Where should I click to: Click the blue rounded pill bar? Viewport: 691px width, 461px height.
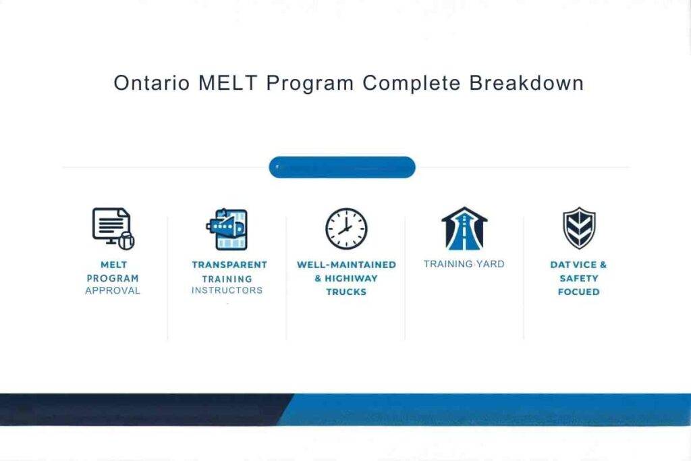342,167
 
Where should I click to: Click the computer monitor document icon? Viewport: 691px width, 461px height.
113,228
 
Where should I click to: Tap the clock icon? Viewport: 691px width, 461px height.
346,229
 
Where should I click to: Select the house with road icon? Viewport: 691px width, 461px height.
464,229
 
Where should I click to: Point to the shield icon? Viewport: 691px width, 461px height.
578,228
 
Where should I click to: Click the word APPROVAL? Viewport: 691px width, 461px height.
113,291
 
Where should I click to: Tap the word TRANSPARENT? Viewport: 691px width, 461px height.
229,265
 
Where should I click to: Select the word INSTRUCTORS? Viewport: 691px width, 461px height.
227,290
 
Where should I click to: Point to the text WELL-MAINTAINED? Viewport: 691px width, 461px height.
346,265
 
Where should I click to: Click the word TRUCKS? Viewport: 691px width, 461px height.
346,292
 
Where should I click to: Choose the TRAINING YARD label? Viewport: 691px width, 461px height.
464,264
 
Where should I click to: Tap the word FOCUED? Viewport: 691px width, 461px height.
578,292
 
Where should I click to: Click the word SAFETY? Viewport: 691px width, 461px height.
578,278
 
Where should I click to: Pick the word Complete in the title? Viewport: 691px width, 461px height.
411,83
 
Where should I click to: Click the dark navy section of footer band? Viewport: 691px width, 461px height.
135,410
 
